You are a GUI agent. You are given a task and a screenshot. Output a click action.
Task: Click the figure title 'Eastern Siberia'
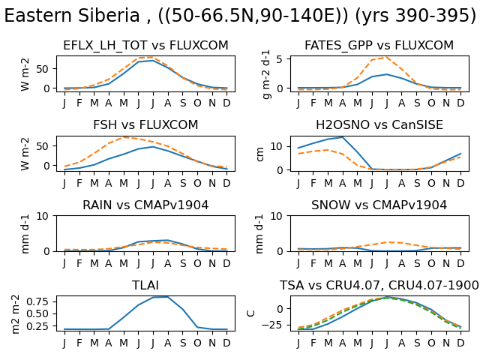(x=72, y=15)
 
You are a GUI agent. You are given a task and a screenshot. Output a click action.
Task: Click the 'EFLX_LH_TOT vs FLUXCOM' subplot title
(x=145, y=45)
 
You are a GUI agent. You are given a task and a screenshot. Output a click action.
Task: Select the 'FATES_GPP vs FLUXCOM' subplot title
(x=379, y=45)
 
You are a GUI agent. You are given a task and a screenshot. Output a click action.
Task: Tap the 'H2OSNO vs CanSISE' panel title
(x=379, y=125)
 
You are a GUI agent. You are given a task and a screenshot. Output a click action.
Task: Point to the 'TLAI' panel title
(x=145, y=285)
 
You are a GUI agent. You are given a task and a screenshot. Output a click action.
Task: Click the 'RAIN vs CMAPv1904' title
(x=145, y=205)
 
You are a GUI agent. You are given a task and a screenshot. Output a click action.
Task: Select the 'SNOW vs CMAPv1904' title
(x=379, y=205)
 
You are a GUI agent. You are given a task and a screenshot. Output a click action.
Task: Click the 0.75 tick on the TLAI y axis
(x=37, y=301)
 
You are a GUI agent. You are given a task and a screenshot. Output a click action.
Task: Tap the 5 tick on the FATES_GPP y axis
(x=279, y=59)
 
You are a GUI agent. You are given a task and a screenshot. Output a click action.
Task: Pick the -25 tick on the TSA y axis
(x=272, y=325)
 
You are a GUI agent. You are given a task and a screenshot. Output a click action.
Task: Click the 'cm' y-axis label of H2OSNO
(x=259, y=154)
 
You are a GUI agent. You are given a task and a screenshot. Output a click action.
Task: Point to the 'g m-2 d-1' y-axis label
(x=266, y=74)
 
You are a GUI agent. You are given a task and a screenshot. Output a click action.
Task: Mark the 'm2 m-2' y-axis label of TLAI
(x=15, y=314)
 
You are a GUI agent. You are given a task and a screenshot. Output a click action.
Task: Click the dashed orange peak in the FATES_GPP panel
(x=386, y=57)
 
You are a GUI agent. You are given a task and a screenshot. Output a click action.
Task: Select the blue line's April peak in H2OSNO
(x=343, y=137)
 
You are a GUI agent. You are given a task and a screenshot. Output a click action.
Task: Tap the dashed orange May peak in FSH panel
(x=123, y=137)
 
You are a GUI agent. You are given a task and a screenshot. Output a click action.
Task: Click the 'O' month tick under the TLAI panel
(x=197, y=343)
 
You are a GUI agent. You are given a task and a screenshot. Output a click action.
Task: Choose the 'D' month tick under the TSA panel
(x=460, y=343)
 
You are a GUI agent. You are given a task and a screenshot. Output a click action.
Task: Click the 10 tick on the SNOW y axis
(x=276, y=217)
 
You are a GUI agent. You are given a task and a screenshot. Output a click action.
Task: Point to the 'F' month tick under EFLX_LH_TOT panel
(x=79, y=103)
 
